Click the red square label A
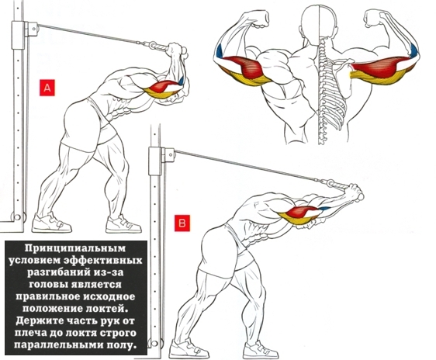(47, 88)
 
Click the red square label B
(182, 223)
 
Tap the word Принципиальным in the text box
(75, 248)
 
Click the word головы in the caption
(49, 285)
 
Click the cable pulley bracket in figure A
(31, 29)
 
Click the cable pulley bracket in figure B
(168, 155)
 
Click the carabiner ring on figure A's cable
(153, 44)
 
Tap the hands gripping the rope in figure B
(355, 192)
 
